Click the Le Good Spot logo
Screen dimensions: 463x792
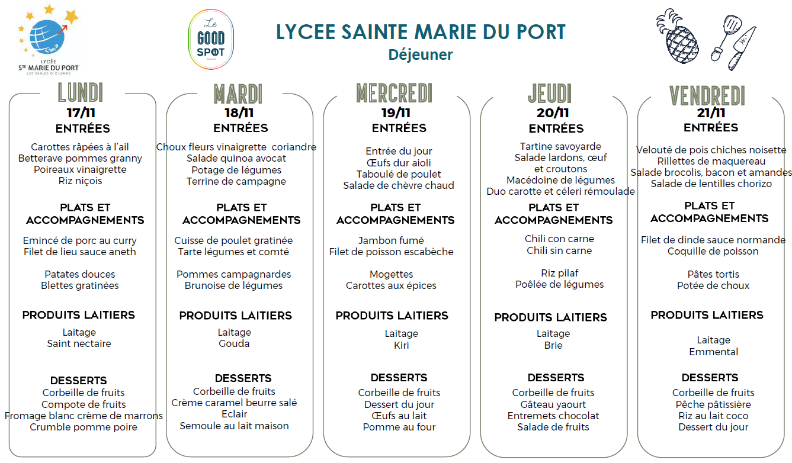coord(210,40)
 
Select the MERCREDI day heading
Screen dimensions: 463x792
coord(395,94)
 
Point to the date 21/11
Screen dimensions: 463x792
coord(711,112)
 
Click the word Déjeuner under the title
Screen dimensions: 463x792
coord(421,54)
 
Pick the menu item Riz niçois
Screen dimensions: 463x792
coord(81,181)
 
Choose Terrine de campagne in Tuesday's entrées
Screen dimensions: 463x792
coord(236,181)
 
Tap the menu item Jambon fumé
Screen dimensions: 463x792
coord(391,240)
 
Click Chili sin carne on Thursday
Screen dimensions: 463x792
coord(559,250)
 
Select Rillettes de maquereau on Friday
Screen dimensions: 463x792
coord(711,161)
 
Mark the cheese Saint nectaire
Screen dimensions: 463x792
coord(79,343)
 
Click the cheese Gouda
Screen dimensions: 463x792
coord(235,343)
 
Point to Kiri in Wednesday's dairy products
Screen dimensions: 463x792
coord(402,345)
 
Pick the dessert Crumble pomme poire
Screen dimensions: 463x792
coord(84,427)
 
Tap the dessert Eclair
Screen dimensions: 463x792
coord(235,414)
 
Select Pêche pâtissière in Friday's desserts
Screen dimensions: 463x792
coord(713,404)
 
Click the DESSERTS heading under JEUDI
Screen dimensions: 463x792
coord(556,377)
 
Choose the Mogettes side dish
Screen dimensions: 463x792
coord(392,274)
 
